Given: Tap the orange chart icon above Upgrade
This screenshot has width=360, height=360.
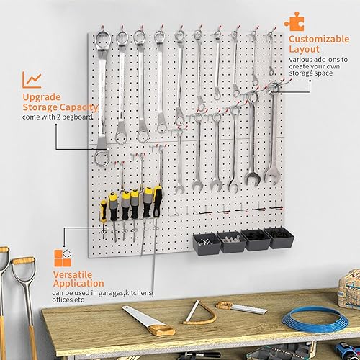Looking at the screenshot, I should pyautogui.click(x=31, y=80).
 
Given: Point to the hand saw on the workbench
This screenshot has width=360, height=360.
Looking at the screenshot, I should pyautogui.click(x=148, y=321).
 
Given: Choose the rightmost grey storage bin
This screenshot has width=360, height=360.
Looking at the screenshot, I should pyautogui.click(x=279, y=237).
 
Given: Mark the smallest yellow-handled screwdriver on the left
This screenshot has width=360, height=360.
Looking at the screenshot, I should pyautogui.click(x=104, y=213).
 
